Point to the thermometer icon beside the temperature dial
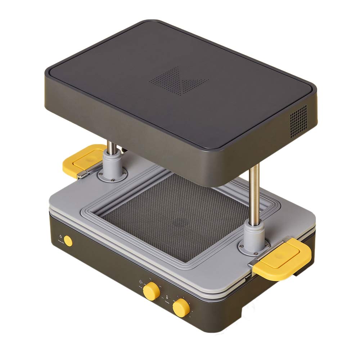coord(167,297)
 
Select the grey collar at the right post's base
coord(255,234)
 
